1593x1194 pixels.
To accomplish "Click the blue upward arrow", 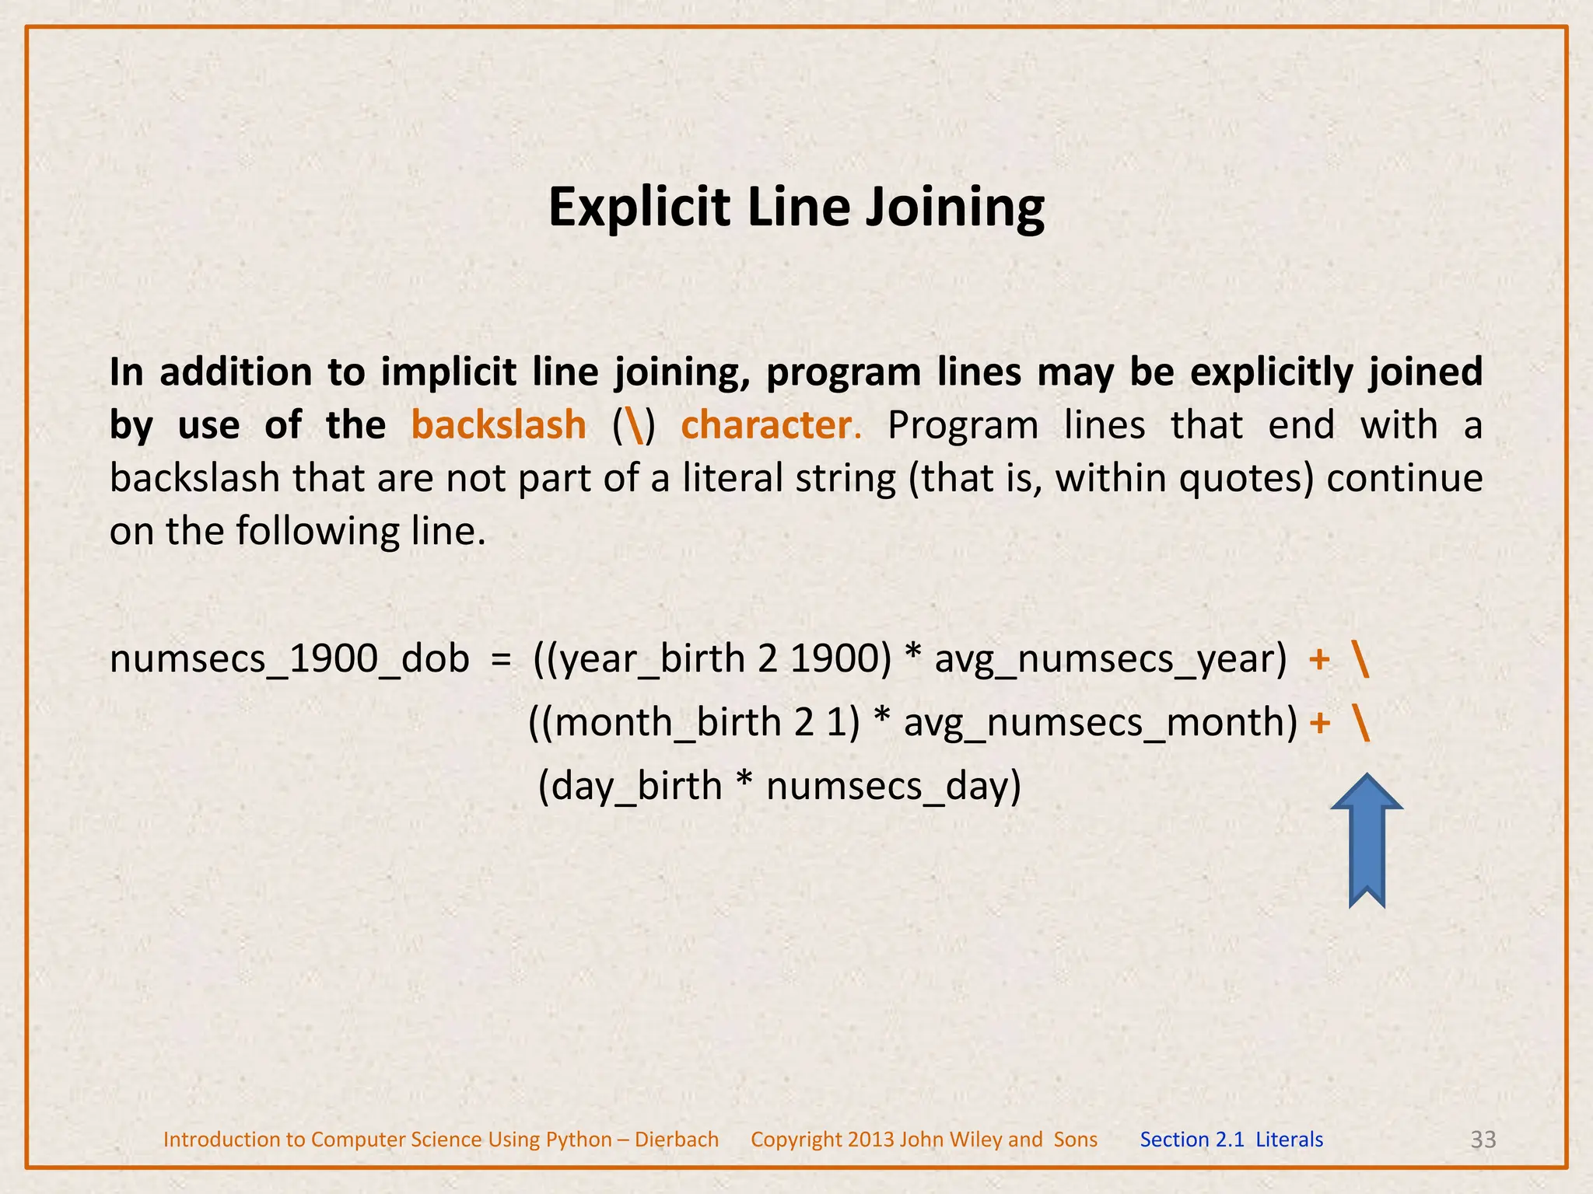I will click(1367, 840).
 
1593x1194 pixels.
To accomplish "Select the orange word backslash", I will click(499, 425).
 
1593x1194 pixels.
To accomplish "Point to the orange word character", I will click(766, 425).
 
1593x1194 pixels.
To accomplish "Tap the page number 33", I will click(1483, 1140).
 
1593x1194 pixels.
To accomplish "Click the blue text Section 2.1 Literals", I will click(1231, 1140).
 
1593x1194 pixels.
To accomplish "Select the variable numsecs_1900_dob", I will click(289, 659).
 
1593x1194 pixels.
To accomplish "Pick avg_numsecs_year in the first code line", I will click(1110, 659).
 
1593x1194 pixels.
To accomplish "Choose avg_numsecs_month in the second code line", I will click(1100, 722).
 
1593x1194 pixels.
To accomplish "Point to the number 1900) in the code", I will click(841, 659).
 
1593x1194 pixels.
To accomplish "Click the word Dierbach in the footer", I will click(677, 1140).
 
